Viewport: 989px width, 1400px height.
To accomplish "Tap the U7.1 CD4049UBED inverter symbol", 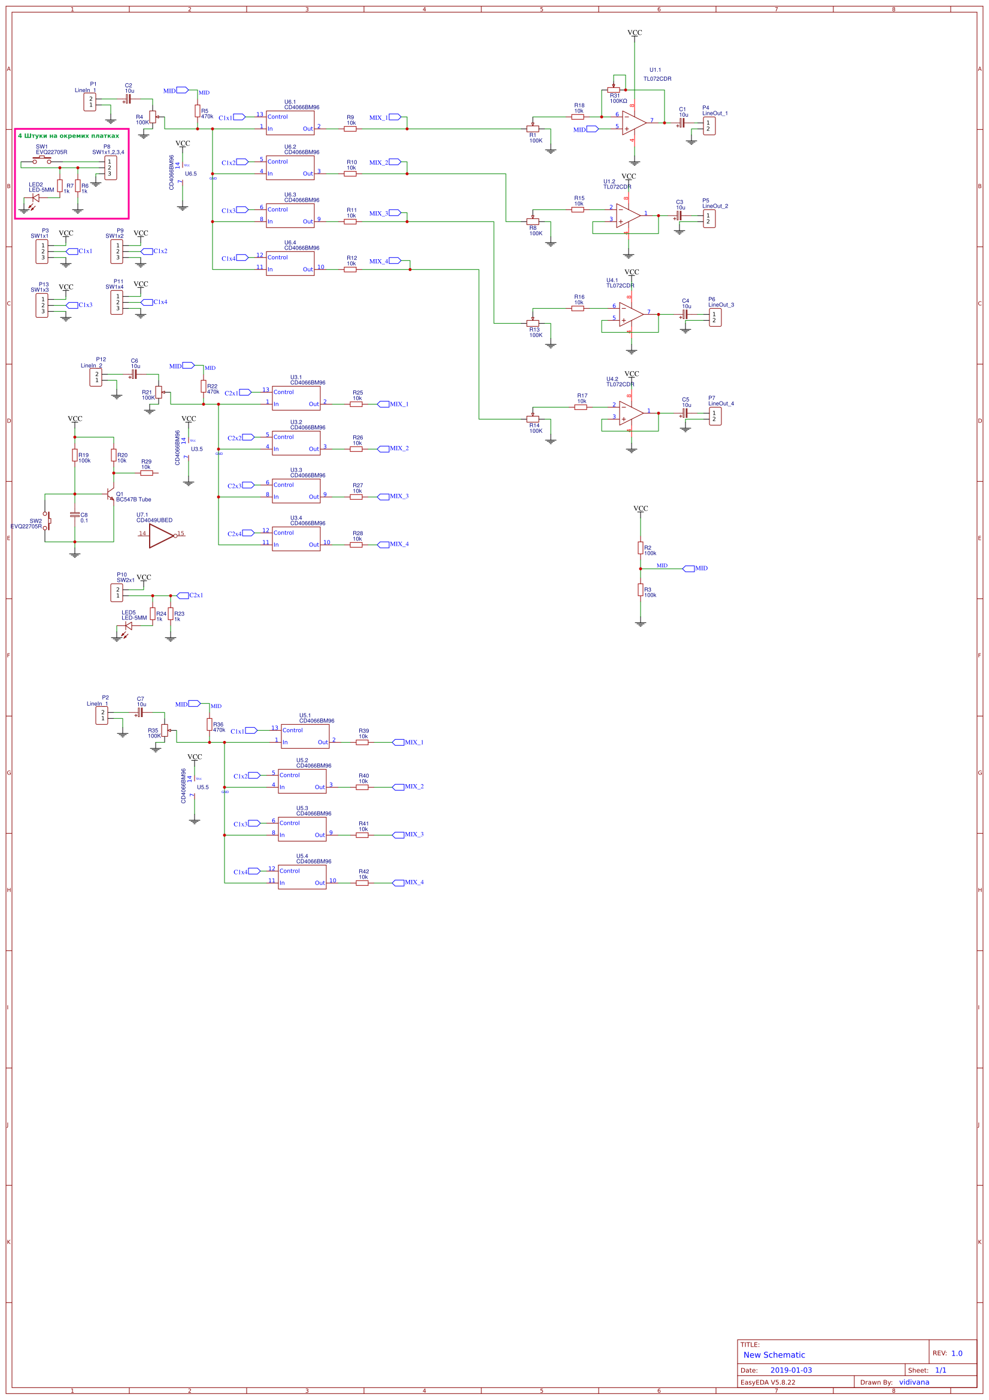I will [162, 535].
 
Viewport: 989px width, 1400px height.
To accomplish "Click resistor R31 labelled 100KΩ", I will [614, 90].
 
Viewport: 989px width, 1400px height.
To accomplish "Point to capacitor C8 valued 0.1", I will [75, 515].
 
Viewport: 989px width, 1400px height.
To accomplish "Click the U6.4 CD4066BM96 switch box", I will [290, 263].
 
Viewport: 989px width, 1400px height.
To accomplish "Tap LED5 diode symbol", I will [128, 625].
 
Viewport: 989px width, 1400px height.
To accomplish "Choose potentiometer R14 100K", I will [533, 419].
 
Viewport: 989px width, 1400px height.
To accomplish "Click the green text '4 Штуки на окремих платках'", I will [68, 136].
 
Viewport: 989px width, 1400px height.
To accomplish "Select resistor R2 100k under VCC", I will [640, 548].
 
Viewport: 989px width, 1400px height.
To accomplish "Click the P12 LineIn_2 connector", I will [96, 378].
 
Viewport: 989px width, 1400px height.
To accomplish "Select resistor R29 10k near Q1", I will [146, 473].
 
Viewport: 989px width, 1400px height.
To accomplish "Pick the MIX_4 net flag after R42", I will [399, 882].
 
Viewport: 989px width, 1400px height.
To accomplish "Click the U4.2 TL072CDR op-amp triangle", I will [630, 414].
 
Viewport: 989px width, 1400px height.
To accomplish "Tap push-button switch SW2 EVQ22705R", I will [45, 521].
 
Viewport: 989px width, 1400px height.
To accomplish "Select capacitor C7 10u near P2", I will [139, 712].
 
